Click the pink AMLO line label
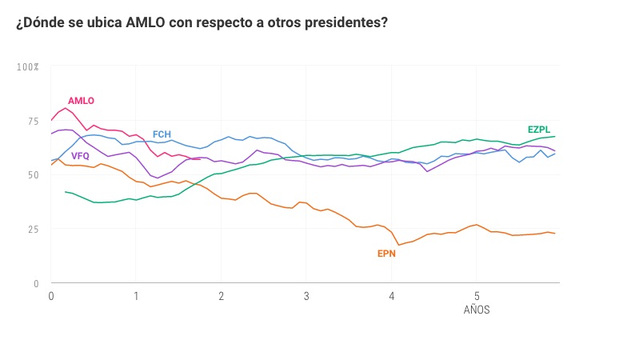click(x=81, y=101)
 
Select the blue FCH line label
click(x=162, y=134)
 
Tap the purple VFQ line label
click(x=80, y=156)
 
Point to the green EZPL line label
click(x=538, y=130)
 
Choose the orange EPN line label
click(x=386, y=254)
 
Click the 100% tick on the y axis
click(x=28, y=67)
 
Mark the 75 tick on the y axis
click(x=33, y=121)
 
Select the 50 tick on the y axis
click(x=33, y=175)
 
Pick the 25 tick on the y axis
click(x=33, y=230)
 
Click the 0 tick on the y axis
click(x=35, y=283)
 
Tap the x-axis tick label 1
click(x=136, y=296)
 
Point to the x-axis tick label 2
click(x=221, y=296)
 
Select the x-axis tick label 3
click(x=306, y=296)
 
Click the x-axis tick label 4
click(x=391, y=296)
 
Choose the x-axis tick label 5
click(x=477, y=296)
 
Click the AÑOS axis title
click(x=477, y=310)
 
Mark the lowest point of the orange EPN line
click(x=399, y=245)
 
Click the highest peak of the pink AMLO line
click(x=66, y=107)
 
